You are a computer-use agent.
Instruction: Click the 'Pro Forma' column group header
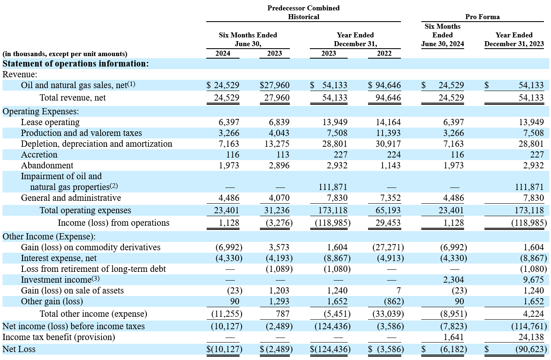click(x=482, y=17)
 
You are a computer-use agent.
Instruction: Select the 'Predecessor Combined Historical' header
click(x=303, y=12)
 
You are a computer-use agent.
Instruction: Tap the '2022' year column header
click(x=384, y=53)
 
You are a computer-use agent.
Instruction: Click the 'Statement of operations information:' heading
click(x=76, y=64)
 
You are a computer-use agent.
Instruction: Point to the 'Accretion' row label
click(x=39, y=155)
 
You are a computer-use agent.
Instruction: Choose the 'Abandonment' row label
click(x=47, y=165)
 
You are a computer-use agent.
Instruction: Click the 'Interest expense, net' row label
click(x=59, y=258)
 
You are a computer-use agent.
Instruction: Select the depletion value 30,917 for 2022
click(x=388, y=144)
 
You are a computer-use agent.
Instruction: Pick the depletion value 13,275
click(x=277, y=144)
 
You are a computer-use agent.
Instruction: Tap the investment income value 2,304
click(x=453, y=280)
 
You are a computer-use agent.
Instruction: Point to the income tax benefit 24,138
click(x=531, y=337)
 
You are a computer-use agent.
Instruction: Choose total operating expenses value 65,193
click(x=388, y=210)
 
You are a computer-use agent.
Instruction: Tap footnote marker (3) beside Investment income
click(x=96, y=279)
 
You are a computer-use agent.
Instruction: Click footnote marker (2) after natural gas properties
click(x=114, y=186)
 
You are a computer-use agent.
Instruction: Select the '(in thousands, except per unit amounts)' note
click(x=65, y=54)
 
